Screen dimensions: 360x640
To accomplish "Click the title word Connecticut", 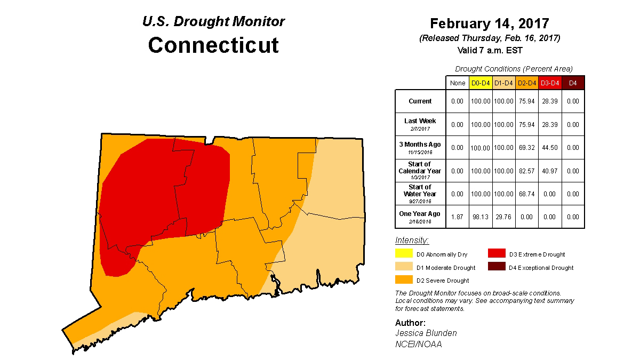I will click(x=213, y=45).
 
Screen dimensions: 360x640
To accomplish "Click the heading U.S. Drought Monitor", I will click(x=213, y=22).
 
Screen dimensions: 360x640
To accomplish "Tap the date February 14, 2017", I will click(x=490, y=24).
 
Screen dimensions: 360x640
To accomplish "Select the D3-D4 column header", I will click(x=550, y=83).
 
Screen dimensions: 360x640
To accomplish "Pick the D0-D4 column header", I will click(x=480, y=83).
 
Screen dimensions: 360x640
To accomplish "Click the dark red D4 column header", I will click(x=573, y=83).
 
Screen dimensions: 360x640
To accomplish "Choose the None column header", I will click(x=457, y=83).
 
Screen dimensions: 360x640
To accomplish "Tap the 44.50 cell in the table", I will click(x=550, y=147).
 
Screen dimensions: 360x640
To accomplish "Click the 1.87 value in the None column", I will click(x=457, y=217).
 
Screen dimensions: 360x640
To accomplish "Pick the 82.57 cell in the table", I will click(x=527, y=171).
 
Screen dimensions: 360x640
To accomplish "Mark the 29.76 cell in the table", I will click(x=503, y=217).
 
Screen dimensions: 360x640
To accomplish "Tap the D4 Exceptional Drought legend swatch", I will click(x=497, y=267).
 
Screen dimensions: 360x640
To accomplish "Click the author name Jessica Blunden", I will click(x=426, y=333).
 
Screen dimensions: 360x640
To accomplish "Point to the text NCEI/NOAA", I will click(x=418, y=344).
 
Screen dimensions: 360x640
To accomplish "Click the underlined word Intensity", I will click(x=412, y=241).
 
